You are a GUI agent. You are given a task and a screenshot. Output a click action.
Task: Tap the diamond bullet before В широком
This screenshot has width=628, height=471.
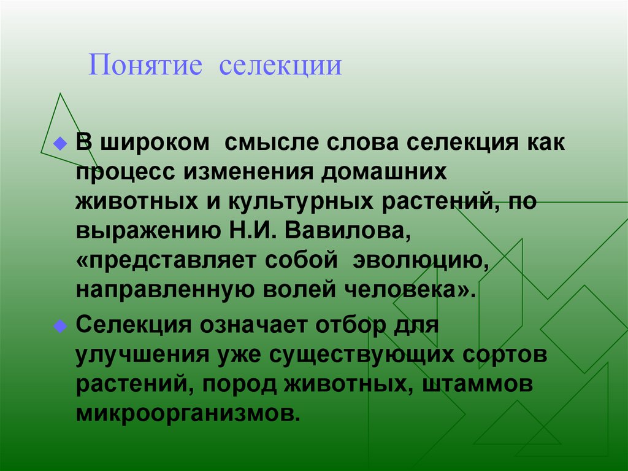pyautogui.click(x=59, y=144)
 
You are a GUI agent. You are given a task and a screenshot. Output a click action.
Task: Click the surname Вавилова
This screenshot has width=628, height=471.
pyautogui.click(x=350, y=232)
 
